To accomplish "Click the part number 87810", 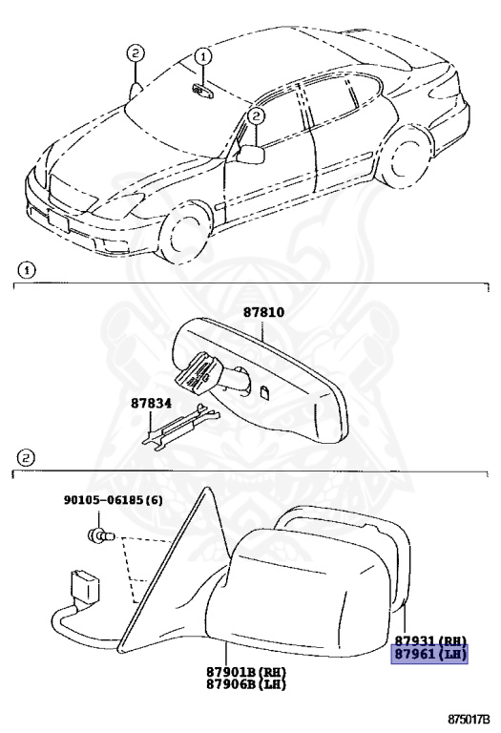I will (x=263, y=312).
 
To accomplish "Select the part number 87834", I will (x=150, y=404).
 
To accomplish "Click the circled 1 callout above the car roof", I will (x=202, y=57).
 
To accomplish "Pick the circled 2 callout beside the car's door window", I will (x=255, y=116).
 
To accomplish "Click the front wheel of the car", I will (x=186, y=231).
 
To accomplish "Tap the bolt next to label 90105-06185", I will (x=99, y=535).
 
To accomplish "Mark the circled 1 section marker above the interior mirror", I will (x=27, y=271).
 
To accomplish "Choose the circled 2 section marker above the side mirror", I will (x=27, y=457).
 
